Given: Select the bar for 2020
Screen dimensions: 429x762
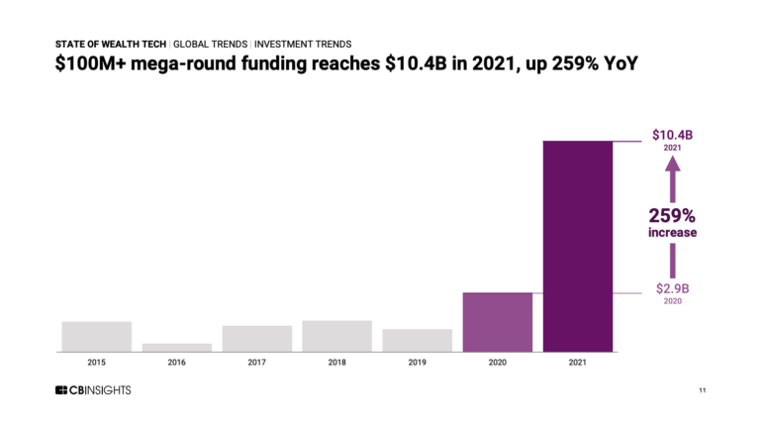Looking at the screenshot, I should click(497, 321).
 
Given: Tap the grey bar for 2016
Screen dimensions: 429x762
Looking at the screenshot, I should click(176, 347).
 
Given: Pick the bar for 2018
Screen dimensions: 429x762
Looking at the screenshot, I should click(336, 335).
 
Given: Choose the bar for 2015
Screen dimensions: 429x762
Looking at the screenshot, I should click(96, 336).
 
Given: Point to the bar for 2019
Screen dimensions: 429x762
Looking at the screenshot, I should click(417, 340).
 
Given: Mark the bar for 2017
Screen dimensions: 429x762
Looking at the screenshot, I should click(256, 338).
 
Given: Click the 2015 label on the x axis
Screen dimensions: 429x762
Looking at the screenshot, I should click(96, 364).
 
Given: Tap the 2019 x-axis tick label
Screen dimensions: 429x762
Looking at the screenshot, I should click(417, 364).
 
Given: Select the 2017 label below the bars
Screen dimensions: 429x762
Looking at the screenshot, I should click(256, 364).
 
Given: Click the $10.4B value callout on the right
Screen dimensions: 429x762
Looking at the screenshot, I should click(672, 134).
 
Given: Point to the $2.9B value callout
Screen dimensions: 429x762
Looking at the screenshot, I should click(672, 288).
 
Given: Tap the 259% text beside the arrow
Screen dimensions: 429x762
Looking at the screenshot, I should click(672, 215).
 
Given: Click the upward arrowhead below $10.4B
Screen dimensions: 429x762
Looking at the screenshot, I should click(672, 167).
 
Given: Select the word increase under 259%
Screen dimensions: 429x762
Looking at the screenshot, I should click(672, 233).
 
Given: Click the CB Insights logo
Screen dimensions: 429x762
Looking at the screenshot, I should click(93, 390).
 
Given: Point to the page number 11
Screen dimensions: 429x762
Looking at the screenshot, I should click(702, 390).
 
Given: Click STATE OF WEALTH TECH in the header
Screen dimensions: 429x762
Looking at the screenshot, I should click(110, 44).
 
